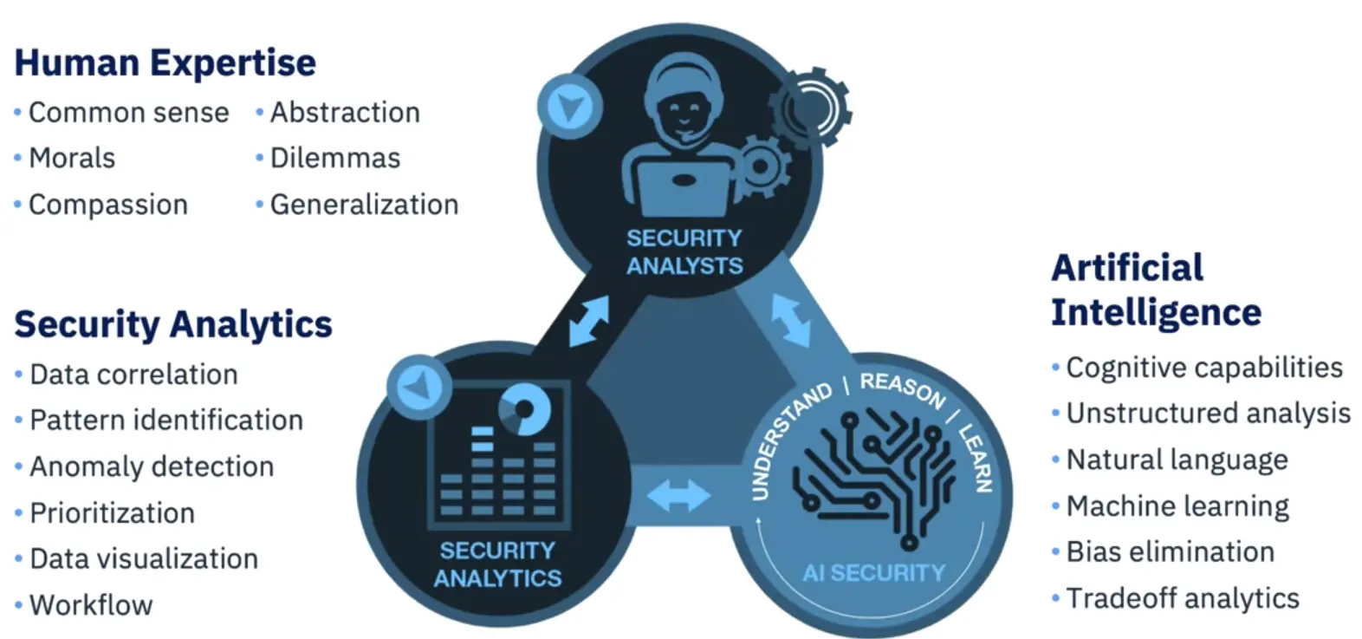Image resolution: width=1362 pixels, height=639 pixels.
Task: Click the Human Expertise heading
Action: (165, 63)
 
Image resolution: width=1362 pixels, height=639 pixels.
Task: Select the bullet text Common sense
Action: (128, 113)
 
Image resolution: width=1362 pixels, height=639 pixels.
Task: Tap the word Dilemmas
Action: (335, 159)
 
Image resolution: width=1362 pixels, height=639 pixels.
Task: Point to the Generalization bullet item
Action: (364, 205)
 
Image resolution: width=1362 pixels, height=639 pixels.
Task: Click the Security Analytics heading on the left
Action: (173, 324)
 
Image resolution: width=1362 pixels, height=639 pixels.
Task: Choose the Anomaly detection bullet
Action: (152, 466)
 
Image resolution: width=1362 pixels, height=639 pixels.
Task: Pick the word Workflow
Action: (91, 604)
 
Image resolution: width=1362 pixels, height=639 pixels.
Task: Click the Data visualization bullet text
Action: (144, 558)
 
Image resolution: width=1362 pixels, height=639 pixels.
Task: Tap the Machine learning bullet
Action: (1177, 506)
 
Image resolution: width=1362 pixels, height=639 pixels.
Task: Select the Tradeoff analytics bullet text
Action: (1183, 598)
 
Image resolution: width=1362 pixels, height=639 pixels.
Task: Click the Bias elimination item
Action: (1170, 551)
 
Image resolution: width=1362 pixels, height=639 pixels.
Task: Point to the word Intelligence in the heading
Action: (1156, 313)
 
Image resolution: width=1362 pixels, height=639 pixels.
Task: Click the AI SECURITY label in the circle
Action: (873, 572)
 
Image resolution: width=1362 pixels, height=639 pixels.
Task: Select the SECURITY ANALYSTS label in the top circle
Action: (684, 251)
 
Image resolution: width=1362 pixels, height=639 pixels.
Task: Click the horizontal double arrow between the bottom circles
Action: (678, 496)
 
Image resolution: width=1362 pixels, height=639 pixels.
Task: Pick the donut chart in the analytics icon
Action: (523, 407)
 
